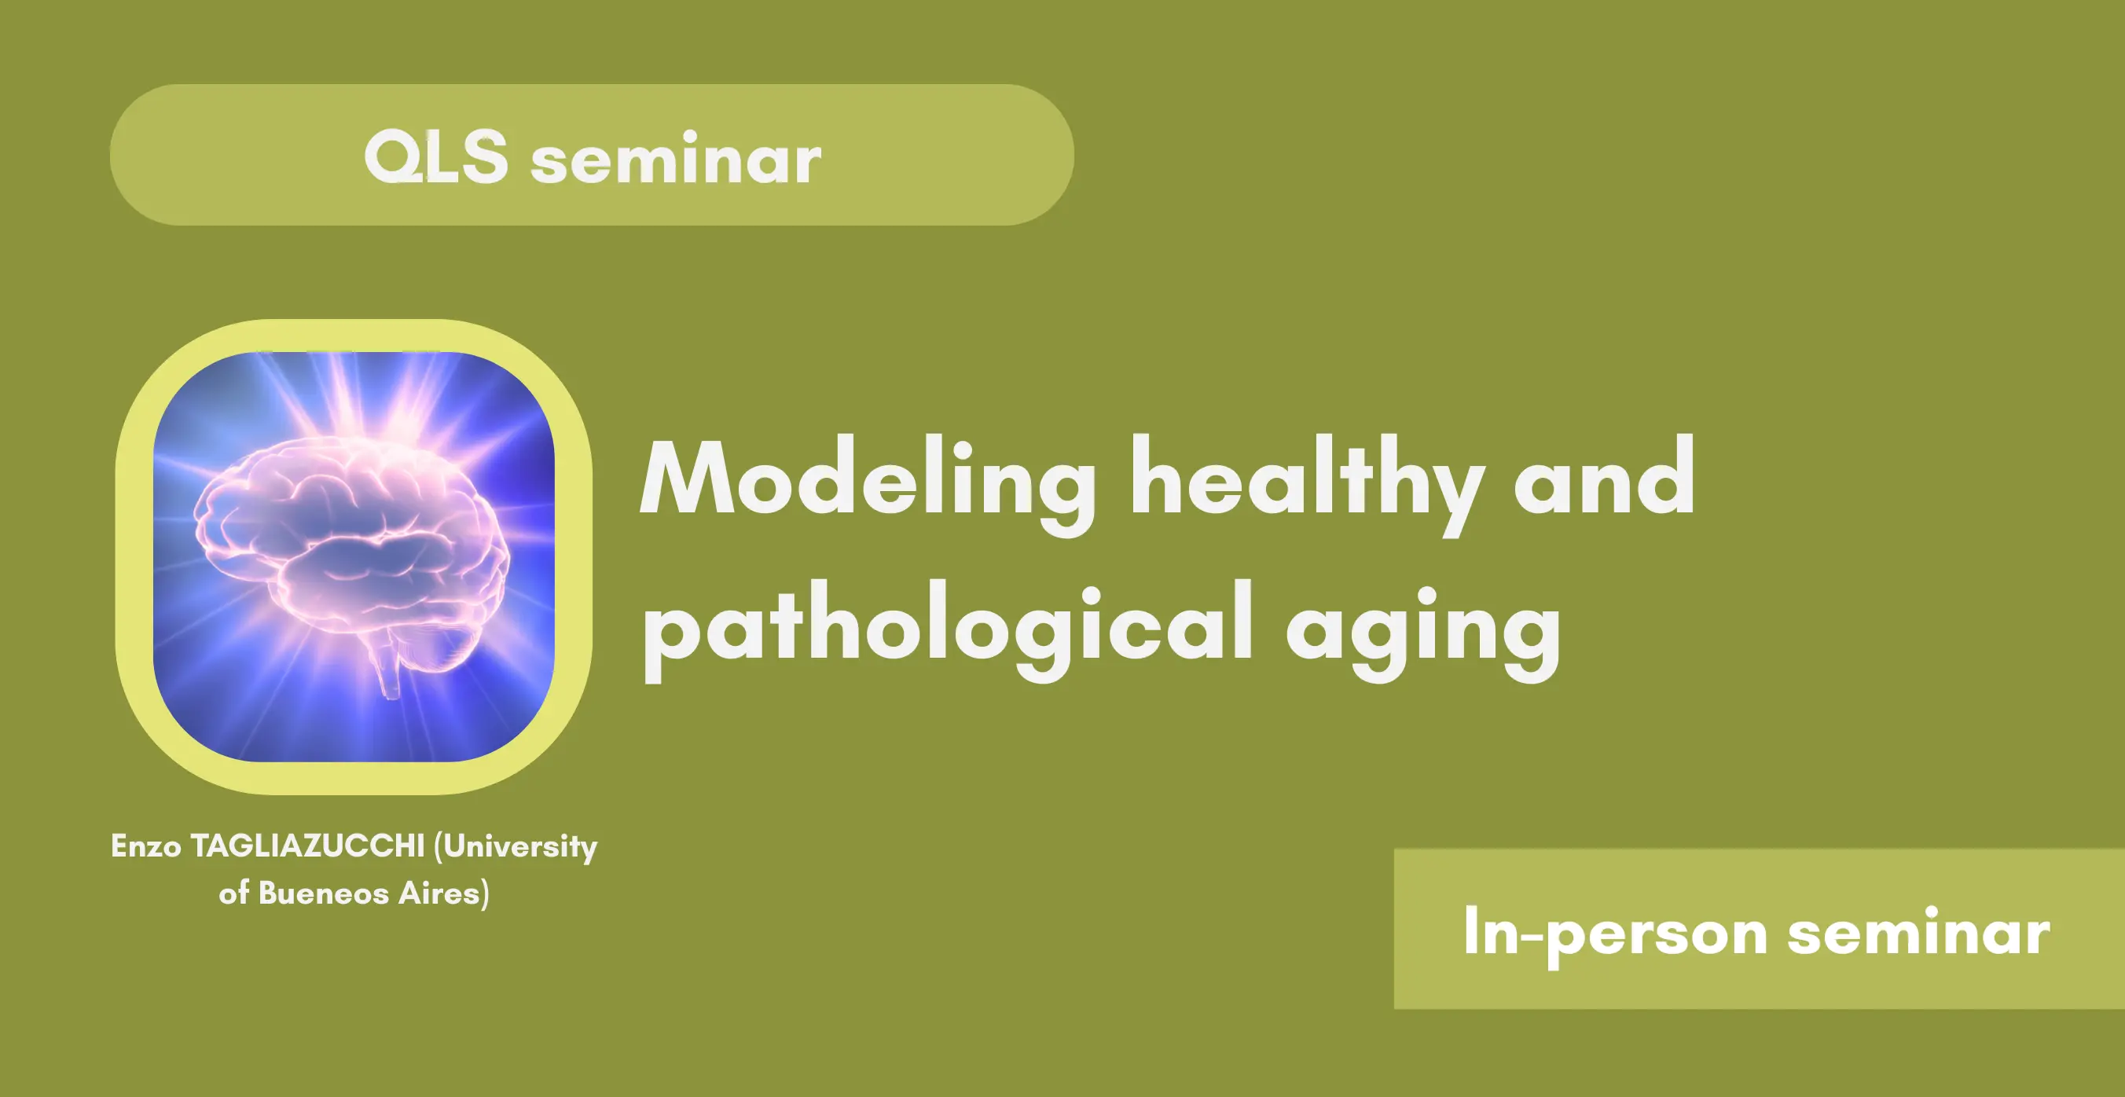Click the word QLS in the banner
pyautogui.click(x=435, y=156)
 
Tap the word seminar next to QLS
pyautogui.click(x=676, y=159)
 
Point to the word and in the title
pyautogui.click(x=1605, y=476)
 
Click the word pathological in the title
pyautogui.click(x=948, y=631)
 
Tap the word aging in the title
pyautogui.click(x=1423, y=635)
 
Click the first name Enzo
pyautogui.click(x=146, y=846)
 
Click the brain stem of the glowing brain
pyautogui.click(x=387, y=666)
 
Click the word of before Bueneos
pyautogui.click(x=234, y=893)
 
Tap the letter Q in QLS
pyautogui.click(x=387, y=156)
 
